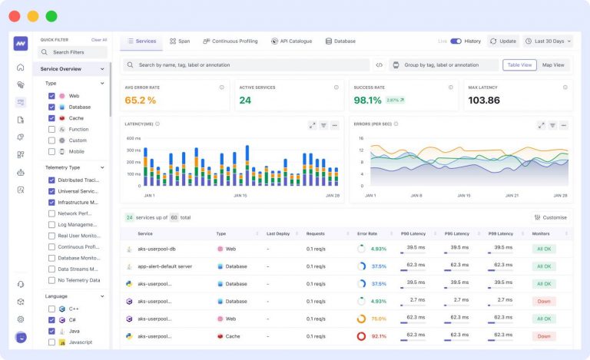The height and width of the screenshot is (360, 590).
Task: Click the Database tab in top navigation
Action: point(340,41)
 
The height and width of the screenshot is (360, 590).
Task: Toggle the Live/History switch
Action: point(456,41)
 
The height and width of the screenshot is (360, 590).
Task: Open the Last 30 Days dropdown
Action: point(548,41)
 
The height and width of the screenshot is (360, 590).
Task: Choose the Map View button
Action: point(553,65)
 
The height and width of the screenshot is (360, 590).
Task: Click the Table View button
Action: point(520,65)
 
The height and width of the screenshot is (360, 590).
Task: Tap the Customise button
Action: point(550,217)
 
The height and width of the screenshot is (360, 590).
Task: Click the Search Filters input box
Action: point(73,52)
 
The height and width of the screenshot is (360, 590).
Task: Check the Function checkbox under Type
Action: point(51,129)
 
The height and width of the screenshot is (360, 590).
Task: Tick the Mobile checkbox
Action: point(51,151)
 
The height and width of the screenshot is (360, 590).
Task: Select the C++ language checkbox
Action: point(51,308)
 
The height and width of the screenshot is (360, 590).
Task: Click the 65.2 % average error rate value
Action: point(141,100)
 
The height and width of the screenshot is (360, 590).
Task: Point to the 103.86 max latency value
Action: point(484,100)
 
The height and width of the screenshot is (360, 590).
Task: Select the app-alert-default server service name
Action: point(164,266)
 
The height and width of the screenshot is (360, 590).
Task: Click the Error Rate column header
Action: point(366,233)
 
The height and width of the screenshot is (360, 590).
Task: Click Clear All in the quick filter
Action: point(99,39)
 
